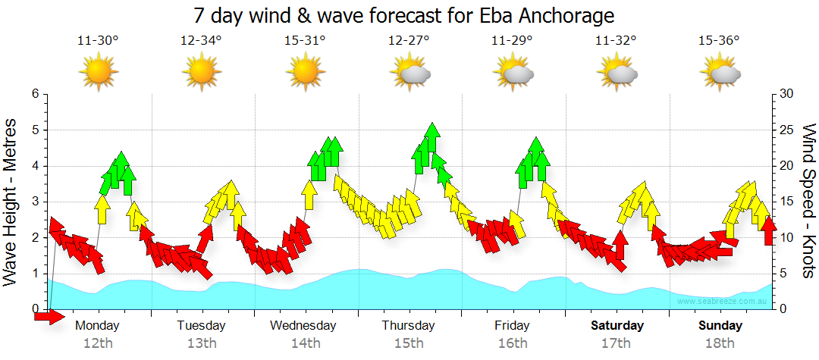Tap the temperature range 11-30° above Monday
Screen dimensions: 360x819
[98, 41]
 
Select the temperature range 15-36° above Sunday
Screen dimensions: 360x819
[719, 41]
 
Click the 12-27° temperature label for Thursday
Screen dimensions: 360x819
[409, 41]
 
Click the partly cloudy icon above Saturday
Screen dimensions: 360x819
[617, 74]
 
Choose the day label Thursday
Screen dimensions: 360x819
[408, 326]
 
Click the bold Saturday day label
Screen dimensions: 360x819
[617, 326]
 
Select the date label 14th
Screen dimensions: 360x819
[305, 343]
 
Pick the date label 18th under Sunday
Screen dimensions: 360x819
[720, 343]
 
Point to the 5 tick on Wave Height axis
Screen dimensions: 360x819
[34, 130]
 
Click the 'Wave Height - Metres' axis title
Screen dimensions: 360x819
[12, 202]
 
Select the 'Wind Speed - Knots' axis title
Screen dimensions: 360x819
[808, 202]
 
